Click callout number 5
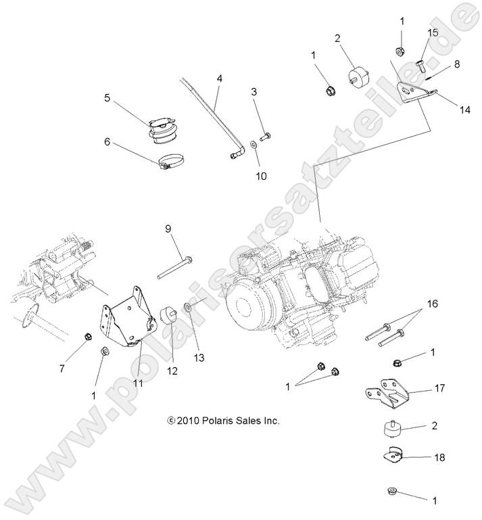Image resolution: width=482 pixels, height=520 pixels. pyautogui.click(x=107, y=97)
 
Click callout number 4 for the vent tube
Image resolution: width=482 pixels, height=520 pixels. pyautogui.click(x=219, y=78)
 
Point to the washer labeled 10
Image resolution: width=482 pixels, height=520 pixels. pyautogui.click(x=252, y=144)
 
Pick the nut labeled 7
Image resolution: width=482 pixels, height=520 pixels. pyautogui.click(x=87, y=336)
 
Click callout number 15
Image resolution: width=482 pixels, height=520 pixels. pyautogui.click(x=432, y=32)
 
